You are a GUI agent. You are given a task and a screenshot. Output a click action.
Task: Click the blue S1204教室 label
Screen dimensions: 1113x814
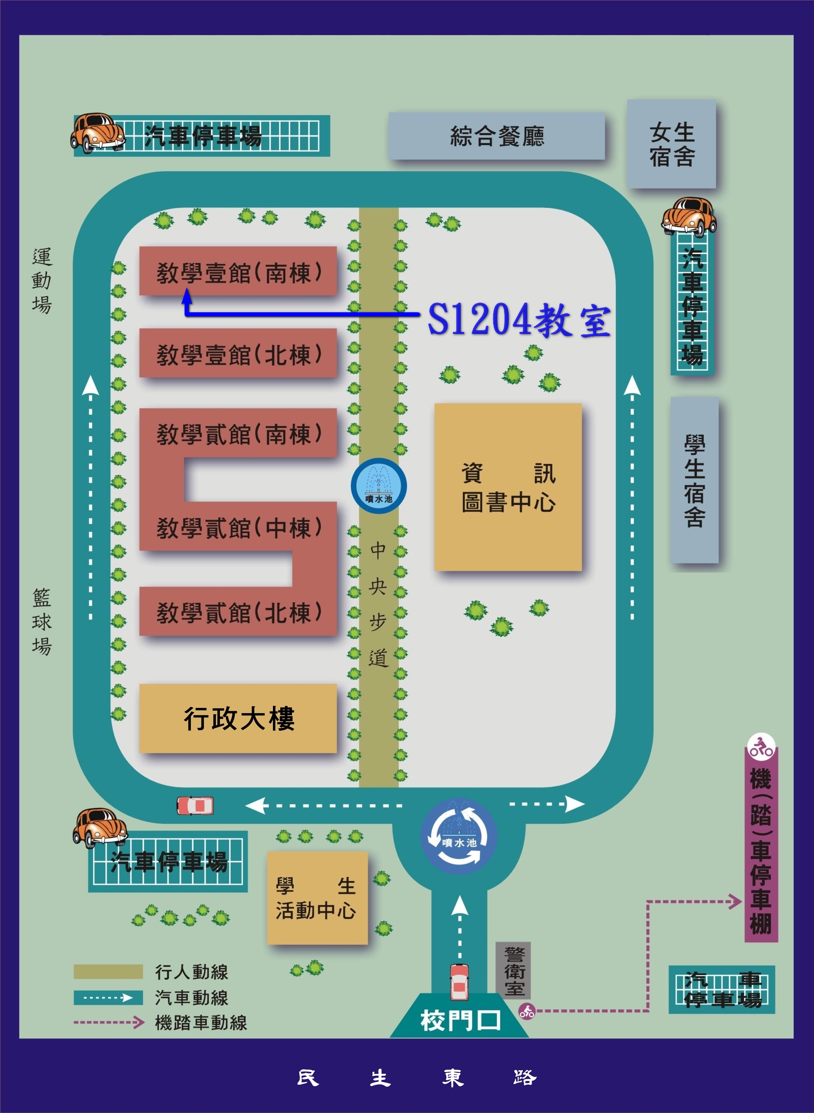(x=519, y=320)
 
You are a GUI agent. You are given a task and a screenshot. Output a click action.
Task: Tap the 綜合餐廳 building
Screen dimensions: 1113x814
(x=497, y=136)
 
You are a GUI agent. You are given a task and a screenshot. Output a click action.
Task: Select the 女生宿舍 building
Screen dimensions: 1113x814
(x=671, y=144)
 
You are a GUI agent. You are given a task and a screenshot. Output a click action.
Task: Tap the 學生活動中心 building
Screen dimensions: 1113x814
(x=317, y=898)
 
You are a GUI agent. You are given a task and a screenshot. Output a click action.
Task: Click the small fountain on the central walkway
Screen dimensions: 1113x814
(x=378, y=486)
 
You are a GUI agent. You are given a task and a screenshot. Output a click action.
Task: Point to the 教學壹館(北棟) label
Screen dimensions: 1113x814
(x=238, y=354)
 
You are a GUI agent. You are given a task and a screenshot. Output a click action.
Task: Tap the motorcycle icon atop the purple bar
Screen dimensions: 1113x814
(x=761, y=747)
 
